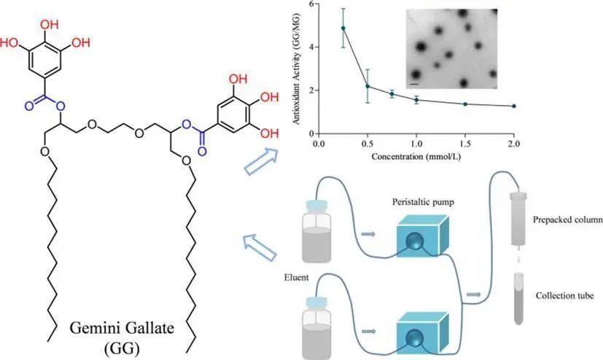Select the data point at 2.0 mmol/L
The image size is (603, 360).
pyautogui.click(x=514, y=106)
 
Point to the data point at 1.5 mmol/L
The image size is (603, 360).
pyautogui.click(x=465, y=103)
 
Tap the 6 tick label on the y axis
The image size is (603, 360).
pyautogui.click(x=311, y=4)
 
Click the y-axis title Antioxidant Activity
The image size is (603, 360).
pyautogui.click(x=297, y=69)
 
